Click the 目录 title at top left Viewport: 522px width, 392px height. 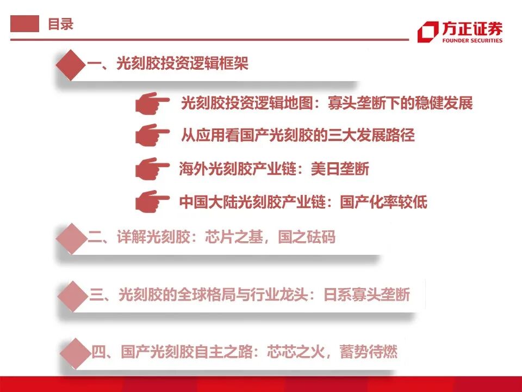pyautogui.click(x=60, y=24)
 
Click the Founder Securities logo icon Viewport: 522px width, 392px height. pyautogui.click(x=427, y=32)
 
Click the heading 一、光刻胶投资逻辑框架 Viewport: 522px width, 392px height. pyautogui.click(x=167, y=64)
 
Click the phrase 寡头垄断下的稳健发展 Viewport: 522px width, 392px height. pyautogui.click(x=401, y=103)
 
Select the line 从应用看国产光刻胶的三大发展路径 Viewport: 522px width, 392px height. pyautogui.click(x=297, y=135)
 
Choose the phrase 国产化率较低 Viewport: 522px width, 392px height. pyautogui.click(x=383, y=203)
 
